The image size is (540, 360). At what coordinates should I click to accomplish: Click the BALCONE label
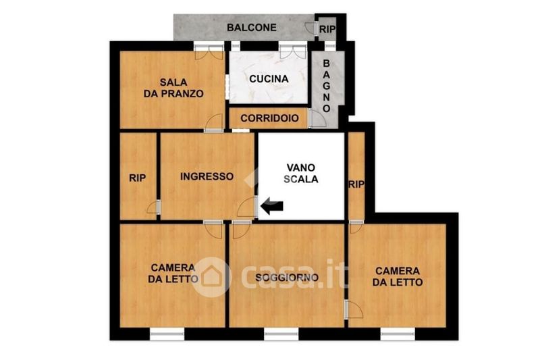point(251,28)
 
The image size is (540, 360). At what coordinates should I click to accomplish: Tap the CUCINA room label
point(269,79)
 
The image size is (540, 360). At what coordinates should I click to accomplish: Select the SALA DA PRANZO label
point(173,88)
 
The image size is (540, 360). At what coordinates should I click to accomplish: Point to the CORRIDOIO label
point(269,118)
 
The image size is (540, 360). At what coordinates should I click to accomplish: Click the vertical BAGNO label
point(326,86)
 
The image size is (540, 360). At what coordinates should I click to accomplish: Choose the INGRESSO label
point(207,176)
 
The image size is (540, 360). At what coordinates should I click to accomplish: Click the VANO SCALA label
point(301,174)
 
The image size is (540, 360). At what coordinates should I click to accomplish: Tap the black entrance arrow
point(272,206)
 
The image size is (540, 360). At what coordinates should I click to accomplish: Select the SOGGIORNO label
point(287,278)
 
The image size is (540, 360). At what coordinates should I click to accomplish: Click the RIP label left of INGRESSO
point(138,178)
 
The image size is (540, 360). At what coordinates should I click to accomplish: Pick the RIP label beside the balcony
point(327,30)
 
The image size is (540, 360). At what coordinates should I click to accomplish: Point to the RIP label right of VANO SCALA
point(356,184)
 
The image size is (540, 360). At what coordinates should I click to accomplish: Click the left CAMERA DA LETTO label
point(173,273)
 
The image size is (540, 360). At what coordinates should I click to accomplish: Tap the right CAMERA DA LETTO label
point(398,277)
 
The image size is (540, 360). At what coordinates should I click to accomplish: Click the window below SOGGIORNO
point(281,334)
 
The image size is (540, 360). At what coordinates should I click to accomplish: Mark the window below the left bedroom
point(167,334)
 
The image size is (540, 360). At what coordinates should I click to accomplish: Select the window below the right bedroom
point(398,334)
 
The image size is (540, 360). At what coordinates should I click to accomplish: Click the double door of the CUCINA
point(293,51)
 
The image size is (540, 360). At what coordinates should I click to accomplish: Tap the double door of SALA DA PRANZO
point(209,51)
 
